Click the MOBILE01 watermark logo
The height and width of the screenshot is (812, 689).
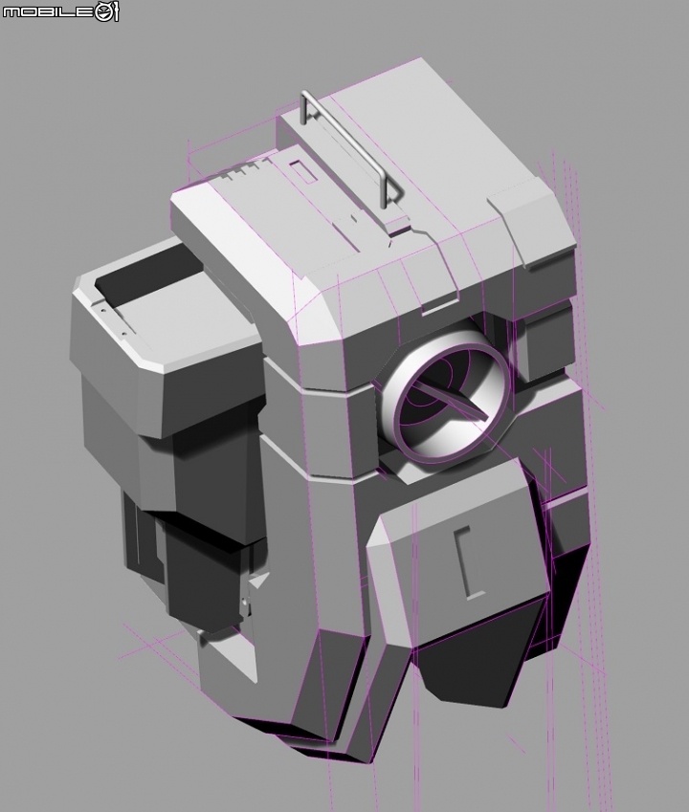tap(60, 11)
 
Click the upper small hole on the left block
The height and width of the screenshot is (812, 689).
tap(102, 311)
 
